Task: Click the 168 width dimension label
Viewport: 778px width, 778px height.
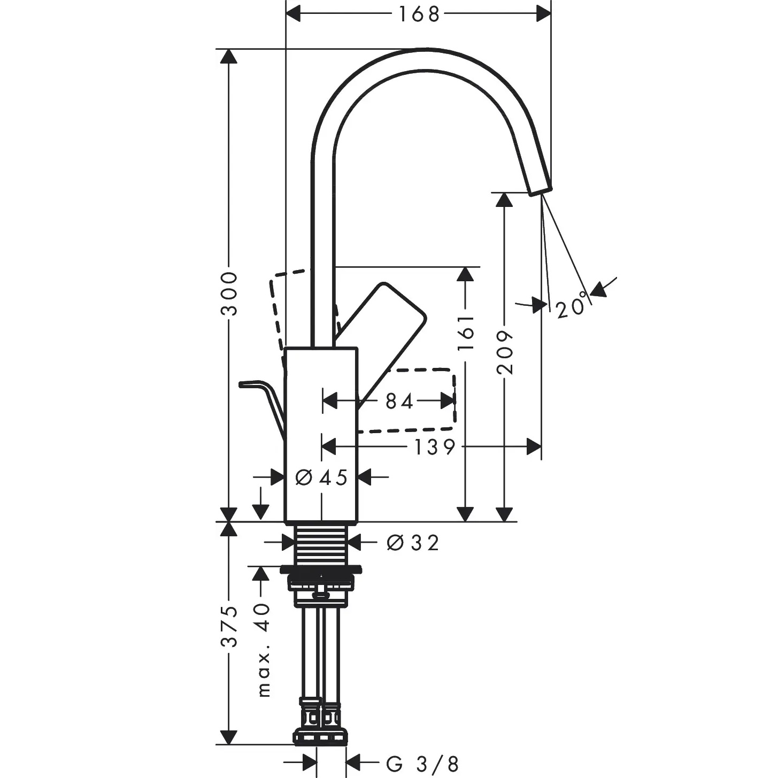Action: pyautogui.click(x=419, y=15)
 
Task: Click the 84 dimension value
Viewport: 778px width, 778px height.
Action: pyautogui.click(x=399, y=402)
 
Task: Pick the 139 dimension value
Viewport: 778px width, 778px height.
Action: pyautogui.click(x=435, y=448)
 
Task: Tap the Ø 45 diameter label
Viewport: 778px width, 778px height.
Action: pyautogui.click(x=321, y=477)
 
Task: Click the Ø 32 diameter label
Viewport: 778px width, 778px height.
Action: pyautogui.click(x=413, y=543)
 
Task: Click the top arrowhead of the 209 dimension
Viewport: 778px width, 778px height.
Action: pyautogui.click(x=504, y=200)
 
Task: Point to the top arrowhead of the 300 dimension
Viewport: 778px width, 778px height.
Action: pyautogui.click(x=228, y=56)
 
